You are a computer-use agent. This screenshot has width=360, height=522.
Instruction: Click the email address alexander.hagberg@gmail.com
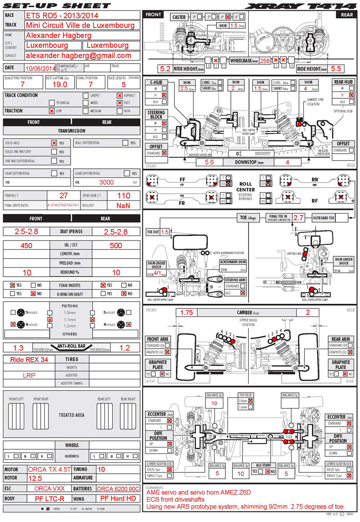(x=78, y=56)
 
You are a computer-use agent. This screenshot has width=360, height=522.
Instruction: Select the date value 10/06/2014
(x=40, y=68)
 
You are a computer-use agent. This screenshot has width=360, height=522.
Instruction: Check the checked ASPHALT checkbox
(x=119, y=96)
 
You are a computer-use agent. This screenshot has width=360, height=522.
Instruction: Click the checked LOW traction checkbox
(x=52, y=111)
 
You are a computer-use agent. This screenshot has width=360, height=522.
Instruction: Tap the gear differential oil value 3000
(x=106, y=183)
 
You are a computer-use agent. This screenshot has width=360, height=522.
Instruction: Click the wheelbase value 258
(x=265, y=61)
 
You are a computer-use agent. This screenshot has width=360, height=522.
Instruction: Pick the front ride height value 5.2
(x=165, y=69)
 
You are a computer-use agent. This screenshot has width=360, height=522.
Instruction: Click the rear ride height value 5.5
(x=335, y=69)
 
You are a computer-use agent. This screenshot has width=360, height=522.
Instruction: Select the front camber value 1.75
(x=187, y=313)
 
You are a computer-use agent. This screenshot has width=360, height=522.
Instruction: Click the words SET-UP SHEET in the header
(x=57, y=6)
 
